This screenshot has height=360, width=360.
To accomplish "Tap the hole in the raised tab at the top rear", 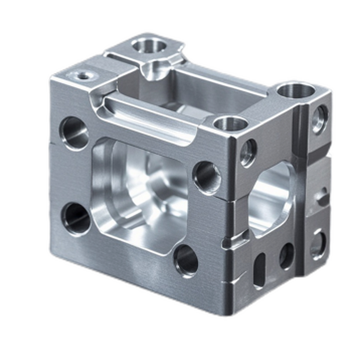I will pyautogui.click(x=149, y=45).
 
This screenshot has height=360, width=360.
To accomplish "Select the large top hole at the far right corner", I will pyautogui.click(x=296, y=91).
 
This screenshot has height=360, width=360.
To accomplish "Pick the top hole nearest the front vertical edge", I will pyautogui.click(x=230, y=123).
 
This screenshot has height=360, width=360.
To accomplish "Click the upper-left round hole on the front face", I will pyautogui.click(x=74, y=133).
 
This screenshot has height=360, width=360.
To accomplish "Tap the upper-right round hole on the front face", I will pyautogui.click(x=207, y=177).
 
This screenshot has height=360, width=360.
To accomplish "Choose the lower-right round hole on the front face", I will pyautogui.click(x=186, y=260).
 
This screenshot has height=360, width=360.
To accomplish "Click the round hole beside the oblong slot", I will pyautogui.click(x=286, y=256).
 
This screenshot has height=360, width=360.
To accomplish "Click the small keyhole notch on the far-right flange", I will pyautogui.click(x=321, y=197).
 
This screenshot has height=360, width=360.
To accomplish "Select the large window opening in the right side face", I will pyautogui.click(x=270, y=198).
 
